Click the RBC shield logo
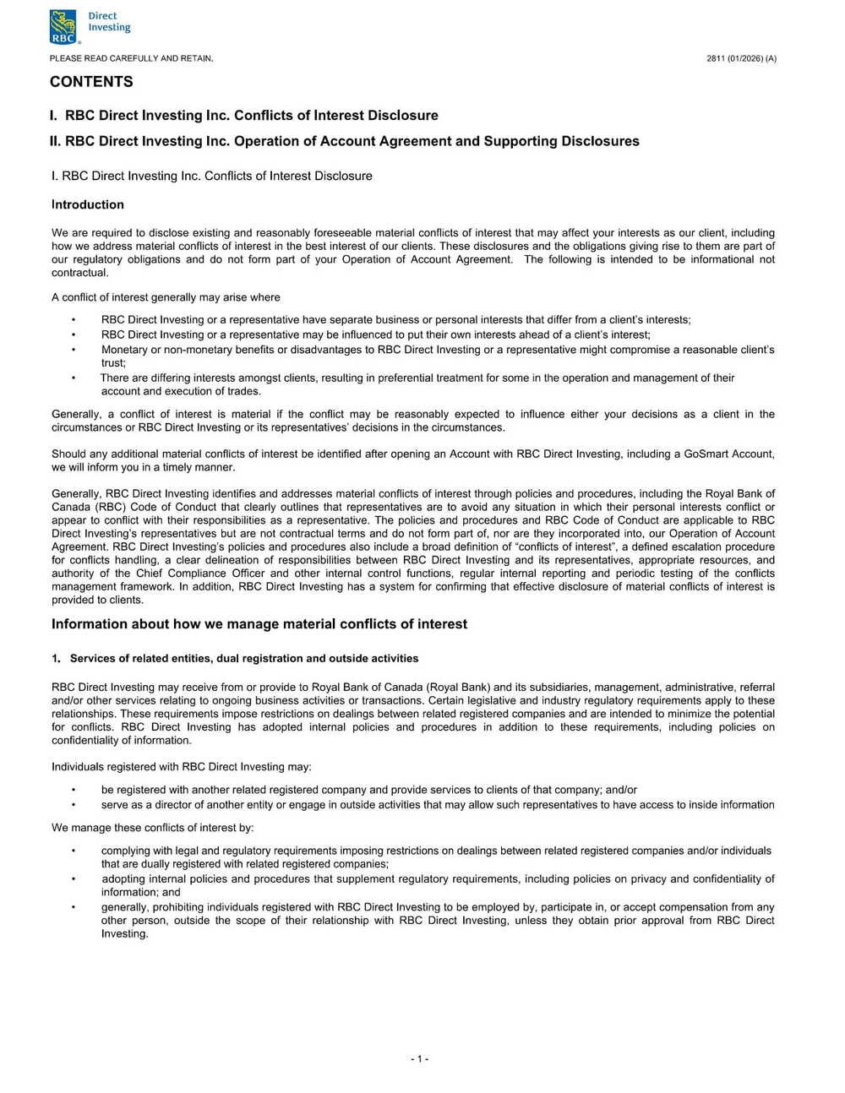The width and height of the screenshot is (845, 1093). coord(64,26)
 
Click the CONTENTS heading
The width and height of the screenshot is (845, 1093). coord(91,82)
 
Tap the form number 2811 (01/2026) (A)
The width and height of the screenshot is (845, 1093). coord(741,58)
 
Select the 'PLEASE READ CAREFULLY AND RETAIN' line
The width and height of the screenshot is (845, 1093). coord(131,58)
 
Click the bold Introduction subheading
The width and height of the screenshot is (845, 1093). coord(88,204)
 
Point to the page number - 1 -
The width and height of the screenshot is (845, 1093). coord(420,1059)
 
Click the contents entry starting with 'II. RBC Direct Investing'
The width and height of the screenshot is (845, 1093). coord(345,141)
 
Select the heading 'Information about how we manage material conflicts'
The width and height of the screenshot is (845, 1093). coord(259,624)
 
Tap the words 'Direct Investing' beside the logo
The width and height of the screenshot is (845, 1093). coord(109,21)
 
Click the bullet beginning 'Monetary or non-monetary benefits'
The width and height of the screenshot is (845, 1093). coord(437,350)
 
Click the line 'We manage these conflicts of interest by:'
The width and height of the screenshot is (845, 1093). coord(152,828)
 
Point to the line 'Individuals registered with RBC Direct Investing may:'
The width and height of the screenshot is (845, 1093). coord(182,767)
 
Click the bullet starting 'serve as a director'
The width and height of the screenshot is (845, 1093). coord(437,805)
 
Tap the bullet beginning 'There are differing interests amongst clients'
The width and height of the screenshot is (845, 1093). coord(417,378)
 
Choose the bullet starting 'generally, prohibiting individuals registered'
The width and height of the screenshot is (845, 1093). coord(437,907)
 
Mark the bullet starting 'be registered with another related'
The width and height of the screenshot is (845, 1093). coord(368,790)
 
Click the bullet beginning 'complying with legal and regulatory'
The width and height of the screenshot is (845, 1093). coord(435,851)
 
